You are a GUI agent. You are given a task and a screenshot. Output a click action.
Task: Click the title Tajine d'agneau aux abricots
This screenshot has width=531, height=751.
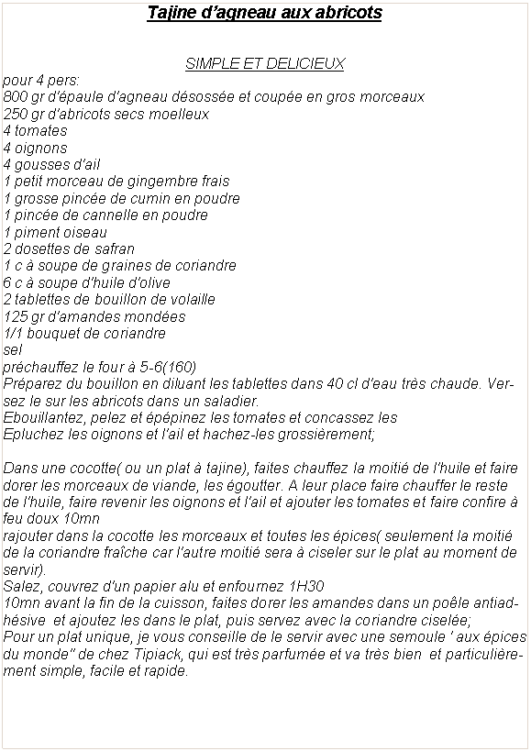265,14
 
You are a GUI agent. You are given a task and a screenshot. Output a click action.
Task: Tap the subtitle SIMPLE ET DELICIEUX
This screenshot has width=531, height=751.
265,63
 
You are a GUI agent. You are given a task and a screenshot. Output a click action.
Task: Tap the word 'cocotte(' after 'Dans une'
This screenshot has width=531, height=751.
97,468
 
